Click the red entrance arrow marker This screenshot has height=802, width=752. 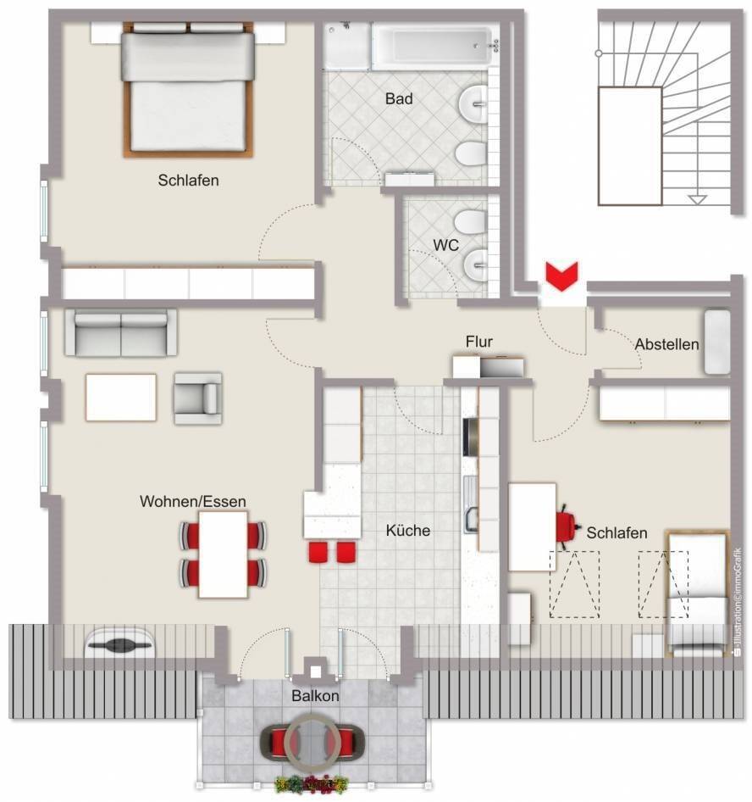click(561, 276)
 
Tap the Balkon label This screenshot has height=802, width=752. click(315, 696)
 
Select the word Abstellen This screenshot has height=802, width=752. click(666, 344)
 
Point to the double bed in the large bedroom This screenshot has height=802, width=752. click(188, 89)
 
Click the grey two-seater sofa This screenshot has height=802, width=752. click(121, 332)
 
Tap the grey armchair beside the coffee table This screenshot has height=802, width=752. click(197, 398)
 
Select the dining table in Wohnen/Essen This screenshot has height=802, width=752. click(224, 554)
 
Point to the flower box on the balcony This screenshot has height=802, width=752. click(312, 783)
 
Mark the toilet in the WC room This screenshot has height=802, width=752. click(471, 221)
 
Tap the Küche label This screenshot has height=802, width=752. click(407, 531)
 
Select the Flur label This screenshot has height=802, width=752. click(479, 342)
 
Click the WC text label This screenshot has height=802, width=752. click(446, 246)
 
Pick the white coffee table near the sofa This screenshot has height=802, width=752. click(121, 398)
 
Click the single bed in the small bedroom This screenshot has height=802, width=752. click(697, 593)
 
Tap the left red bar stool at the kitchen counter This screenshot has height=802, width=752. click(318, 553)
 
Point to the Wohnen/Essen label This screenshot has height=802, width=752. click(192, 501)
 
